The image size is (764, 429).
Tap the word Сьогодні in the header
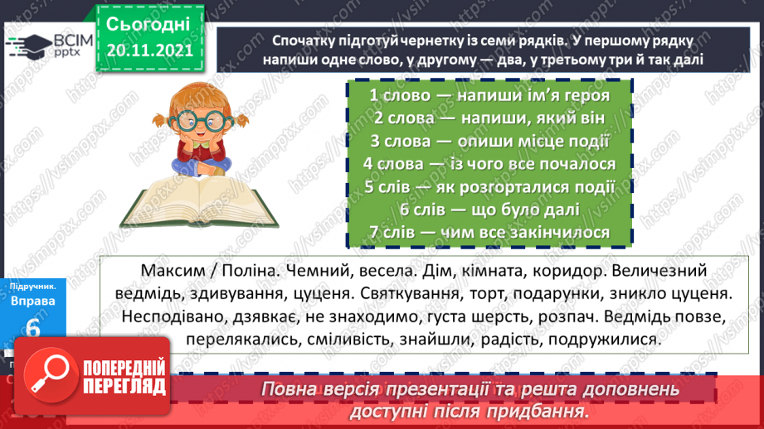coord(148,23)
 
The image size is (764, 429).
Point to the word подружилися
coord(602,340)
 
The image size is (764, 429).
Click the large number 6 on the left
coord(33,328)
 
